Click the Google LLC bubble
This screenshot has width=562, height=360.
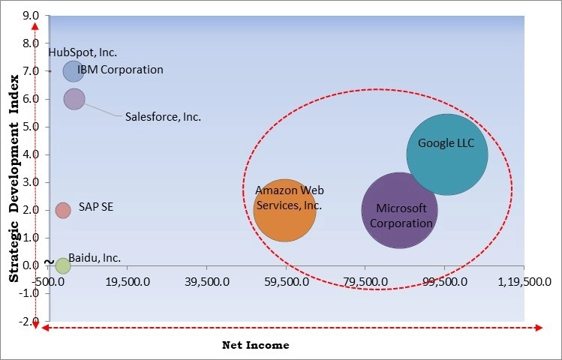tap(447, 154)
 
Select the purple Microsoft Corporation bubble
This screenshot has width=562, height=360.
tap(399, 210)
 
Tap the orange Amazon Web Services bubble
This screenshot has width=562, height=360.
tap(284, 210)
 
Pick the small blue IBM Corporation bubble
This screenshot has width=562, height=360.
tap(73, 70)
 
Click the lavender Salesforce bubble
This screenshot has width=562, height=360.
tap(74, 98)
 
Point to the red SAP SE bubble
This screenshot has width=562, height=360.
tap(63, 209)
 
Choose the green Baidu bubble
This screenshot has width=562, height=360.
tap(62, 265)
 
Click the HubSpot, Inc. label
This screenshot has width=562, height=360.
tap(83, 52)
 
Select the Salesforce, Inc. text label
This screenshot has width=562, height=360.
tap(163, 116)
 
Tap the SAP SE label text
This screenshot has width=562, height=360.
tap(96, 208)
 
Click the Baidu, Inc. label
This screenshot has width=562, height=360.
tap(95, 257)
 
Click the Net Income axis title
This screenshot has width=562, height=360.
tap(255, 345)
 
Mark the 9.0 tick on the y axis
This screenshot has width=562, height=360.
tap(32, 15)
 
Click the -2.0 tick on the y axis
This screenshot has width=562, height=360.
tap(30, 321)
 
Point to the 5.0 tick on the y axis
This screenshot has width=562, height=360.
tap(32, 127)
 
